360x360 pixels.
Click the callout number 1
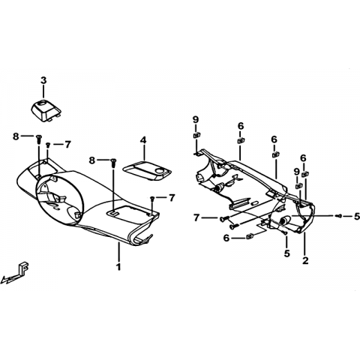click(x=118, y=267)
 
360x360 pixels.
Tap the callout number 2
click(x=305, y=260)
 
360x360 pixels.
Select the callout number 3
click(x=43, y=80)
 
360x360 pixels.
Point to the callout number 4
click(x=143, y=140)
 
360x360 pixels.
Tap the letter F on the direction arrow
click(x=24, y=268)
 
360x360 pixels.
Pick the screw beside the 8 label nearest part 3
click(x=39, y=139)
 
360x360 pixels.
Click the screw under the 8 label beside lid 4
click(x=113, y=163)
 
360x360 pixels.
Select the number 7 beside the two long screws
click(x=196, y=218)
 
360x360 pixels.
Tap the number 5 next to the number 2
click(x=286, y=253)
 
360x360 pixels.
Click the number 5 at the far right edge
click(x=357, y=216)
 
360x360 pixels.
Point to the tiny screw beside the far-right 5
click(x=339, y=216)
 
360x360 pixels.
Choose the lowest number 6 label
click(x=226, y=238)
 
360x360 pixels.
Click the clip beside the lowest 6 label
click(x=250, y=236)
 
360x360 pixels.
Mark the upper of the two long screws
click(x=224, y=219)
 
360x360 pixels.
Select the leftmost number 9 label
click(x=196, y=119)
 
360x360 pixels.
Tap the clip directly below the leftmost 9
click(x=196, y=135)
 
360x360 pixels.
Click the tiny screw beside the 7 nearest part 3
click(x=48, y=145)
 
